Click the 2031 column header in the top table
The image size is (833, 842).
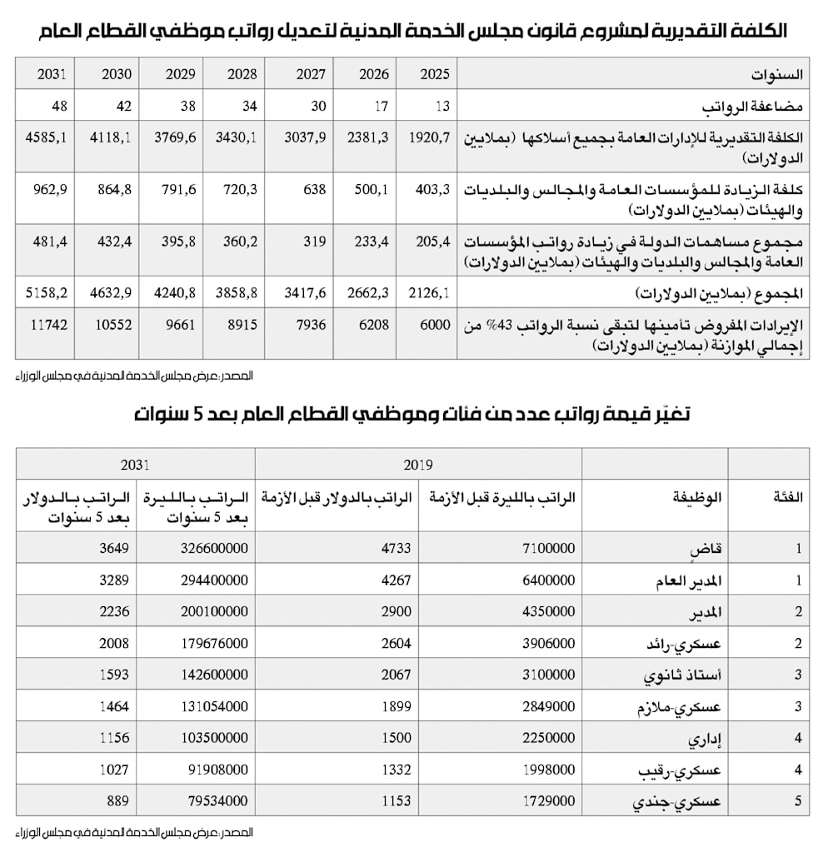pos(52,74)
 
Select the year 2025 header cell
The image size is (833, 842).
pos(434,74)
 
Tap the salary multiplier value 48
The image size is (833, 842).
pos(58,106)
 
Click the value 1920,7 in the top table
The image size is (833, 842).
pos(431,137)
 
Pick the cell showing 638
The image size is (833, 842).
pos(311,189)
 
